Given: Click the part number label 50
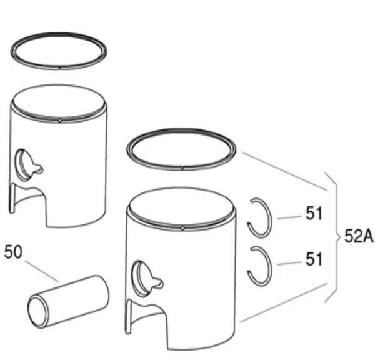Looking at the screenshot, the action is tap(13, 252).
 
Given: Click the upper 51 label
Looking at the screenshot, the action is tap(314, 213).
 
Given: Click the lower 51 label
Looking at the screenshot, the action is tap(314, 259).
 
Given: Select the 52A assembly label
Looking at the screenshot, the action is tap(359, 236).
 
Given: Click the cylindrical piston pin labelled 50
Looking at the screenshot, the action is tap(68, 301).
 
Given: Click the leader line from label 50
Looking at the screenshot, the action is tap(42, 271).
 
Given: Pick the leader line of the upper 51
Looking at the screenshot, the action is tap(289, 217).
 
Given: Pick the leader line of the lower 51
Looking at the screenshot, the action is tap(289, 263).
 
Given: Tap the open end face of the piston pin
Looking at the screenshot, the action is tap(38, 312).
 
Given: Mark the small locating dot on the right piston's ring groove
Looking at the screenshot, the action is tap(182, 229).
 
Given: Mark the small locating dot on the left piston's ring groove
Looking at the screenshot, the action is tap(59, 121).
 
